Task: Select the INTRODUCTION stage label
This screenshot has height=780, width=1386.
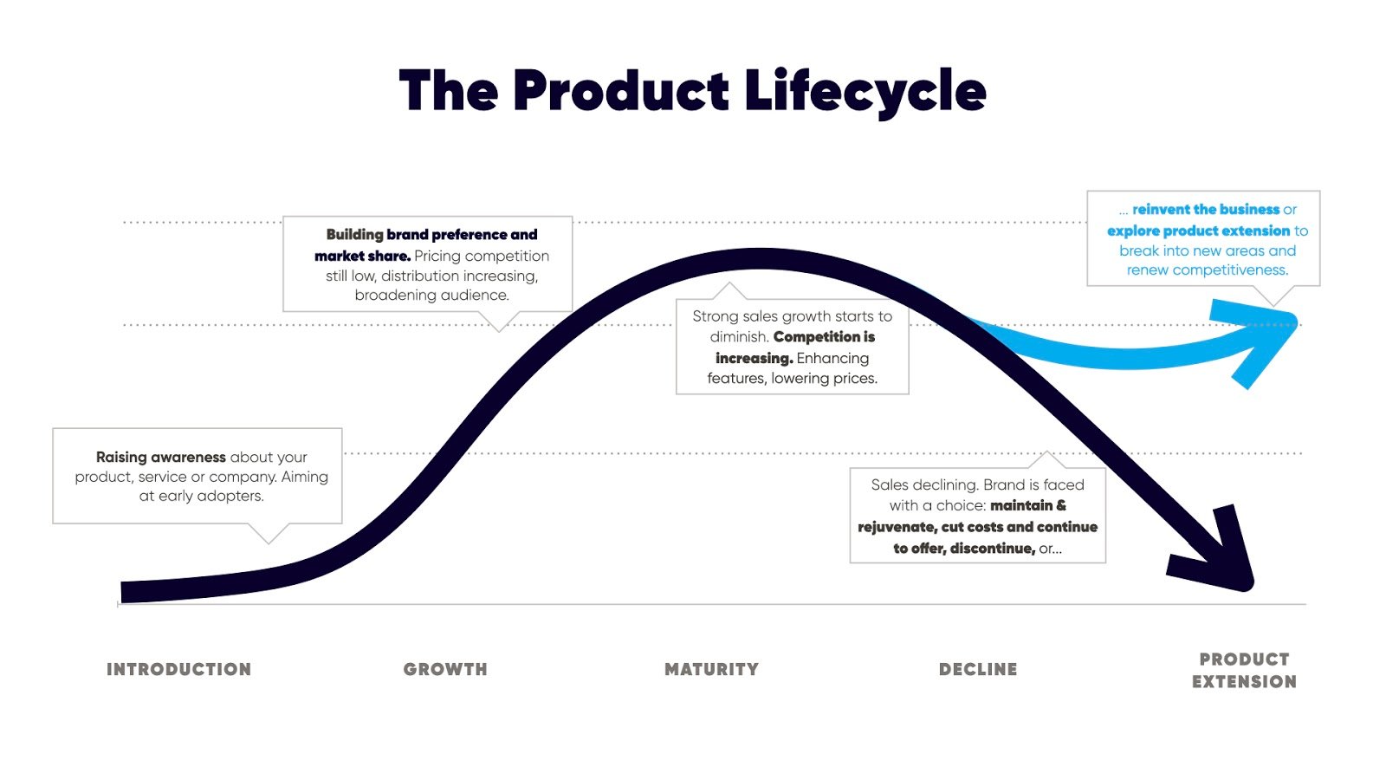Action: click(x=178, y=669)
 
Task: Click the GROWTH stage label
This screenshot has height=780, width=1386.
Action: click(x=445, y=669)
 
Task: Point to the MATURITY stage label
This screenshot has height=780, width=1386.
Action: click(x=711, y=669)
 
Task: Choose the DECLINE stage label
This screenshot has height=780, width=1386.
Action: click(x=978, y=669)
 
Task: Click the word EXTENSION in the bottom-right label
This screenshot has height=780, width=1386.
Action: click(x=1244, y=681)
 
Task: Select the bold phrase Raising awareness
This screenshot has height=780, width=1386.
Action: click(x=161, y=457)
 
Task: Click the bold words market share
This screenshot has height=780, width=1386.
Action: click(x=363, y=256)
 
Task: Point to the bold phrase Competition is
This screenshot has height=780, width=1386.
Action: click(x=824, y=337)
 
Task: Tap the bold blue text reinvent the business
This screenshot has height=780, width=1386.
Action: click(x=1206, y=209)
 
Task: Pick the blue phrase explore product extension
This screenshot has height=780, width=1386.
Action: click(x=1199, y=231)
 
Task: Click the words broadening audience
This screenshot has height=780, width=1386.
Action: click(x=432, y=296)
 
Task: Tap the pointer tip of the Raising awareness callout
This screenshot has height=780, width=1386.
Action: click(x=269, y=543)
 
